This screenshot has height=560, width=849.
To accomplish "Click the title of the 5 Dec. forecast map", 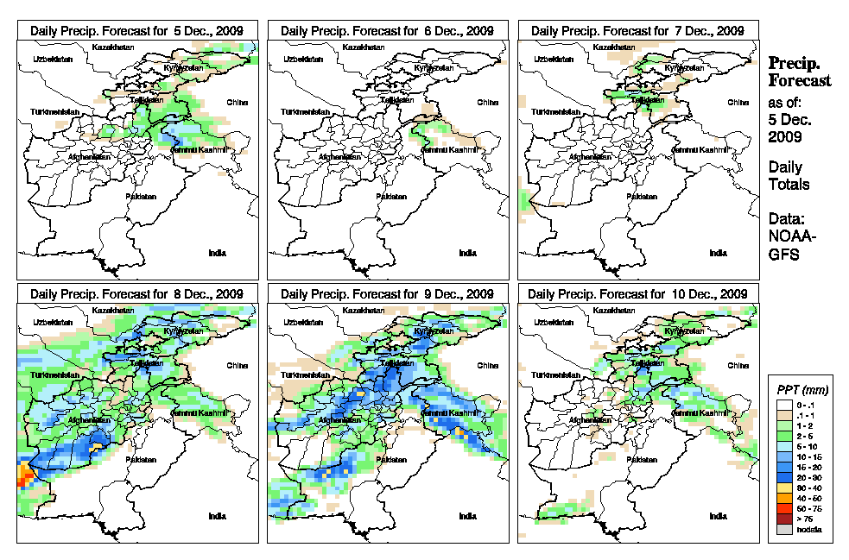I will [137, 30].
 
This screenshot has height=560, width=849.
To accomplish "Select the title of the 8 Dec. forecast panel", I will [137, 294].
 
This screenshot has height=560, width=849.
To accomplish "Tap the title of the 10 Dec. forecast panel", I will [638, 294].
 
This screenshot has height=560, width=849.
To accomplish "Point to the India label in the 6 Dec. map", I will [467, 253].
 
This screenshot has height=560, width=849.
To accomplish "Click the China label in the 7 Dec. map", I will [738, 102].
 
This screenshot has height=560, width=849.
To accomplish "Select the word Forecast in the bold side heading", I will [800, 80].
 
